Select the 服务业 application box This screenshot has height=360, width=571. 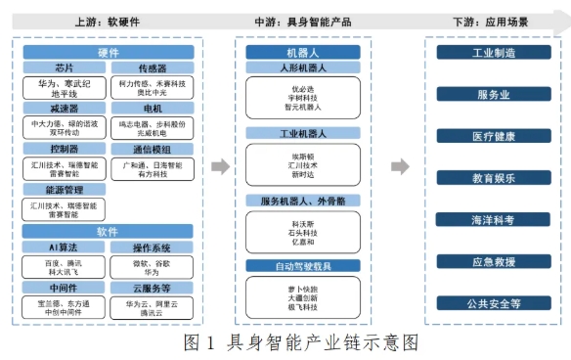click(x=493, y=95)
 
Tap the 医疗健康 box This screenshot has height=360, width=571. click(x=493, y=136)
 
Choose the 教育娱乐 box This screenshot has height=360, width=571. click(x=493, y=178)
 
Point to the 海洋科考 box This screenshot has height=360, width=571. click(x=493, y=220)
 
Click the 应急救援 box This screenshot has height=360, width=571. click(x=493, y=261)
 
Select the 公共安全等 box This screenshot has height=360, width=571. click(x=493, y=303)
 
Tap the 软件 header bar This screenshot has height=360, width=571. click(x=108, y=231)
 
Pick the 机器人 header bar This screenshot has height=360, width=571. click(x=295, y=53)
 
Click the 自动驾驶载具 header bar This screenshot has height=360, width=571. click(x=295, y=266)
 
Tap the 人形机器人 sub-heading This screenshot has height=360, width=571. click(x=295, y=68)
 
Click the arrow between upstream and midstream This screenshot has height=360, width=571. click(x=221, y=166)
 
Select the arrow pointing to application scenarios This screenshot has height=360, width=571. click(x=399, y=166)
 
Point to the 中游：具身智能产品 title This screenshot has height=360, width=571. click(x=295, y=21)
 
